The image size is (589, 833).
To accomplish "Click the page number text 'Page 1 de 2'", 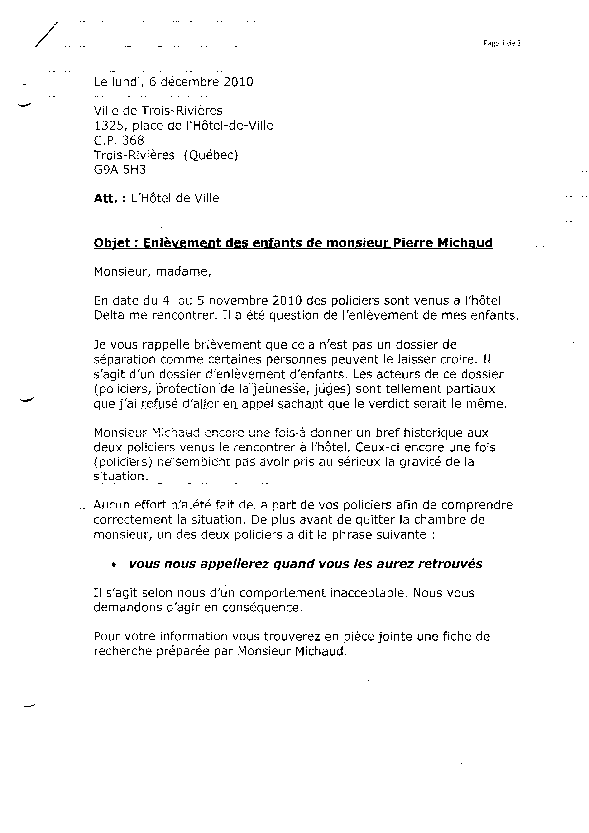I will (x=502, y=43).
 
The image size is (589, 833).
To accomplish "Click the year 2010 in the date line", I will (x=238, y=82).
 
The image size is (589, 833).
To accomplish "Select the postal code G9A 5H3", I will (x=120, y=170).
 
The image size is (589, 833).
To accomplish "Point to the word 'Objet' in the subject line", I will (x=112, y=243).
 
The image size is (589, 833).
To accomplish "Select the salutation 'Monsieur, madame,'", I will (x=152, y=271).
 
